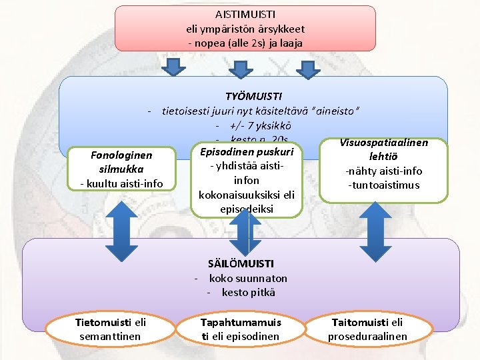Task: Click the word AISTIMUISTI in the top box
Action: pos(245,14)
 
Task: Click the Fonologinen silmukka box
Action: pos(121,168)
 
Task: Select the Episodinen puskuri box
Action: pos(247,180)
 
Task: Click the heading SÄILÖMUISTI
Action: pos(241,264)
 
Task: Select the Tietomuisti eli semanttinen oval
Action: pos(110,329)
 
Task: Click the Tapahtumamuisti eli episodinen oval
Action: pos(241,329)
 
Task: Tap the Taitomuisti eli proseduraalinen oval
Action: pos(367,329)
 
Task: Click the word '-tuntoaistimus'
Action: pos(383,185)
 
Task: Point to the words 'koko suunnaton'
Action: pos(248,278)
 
